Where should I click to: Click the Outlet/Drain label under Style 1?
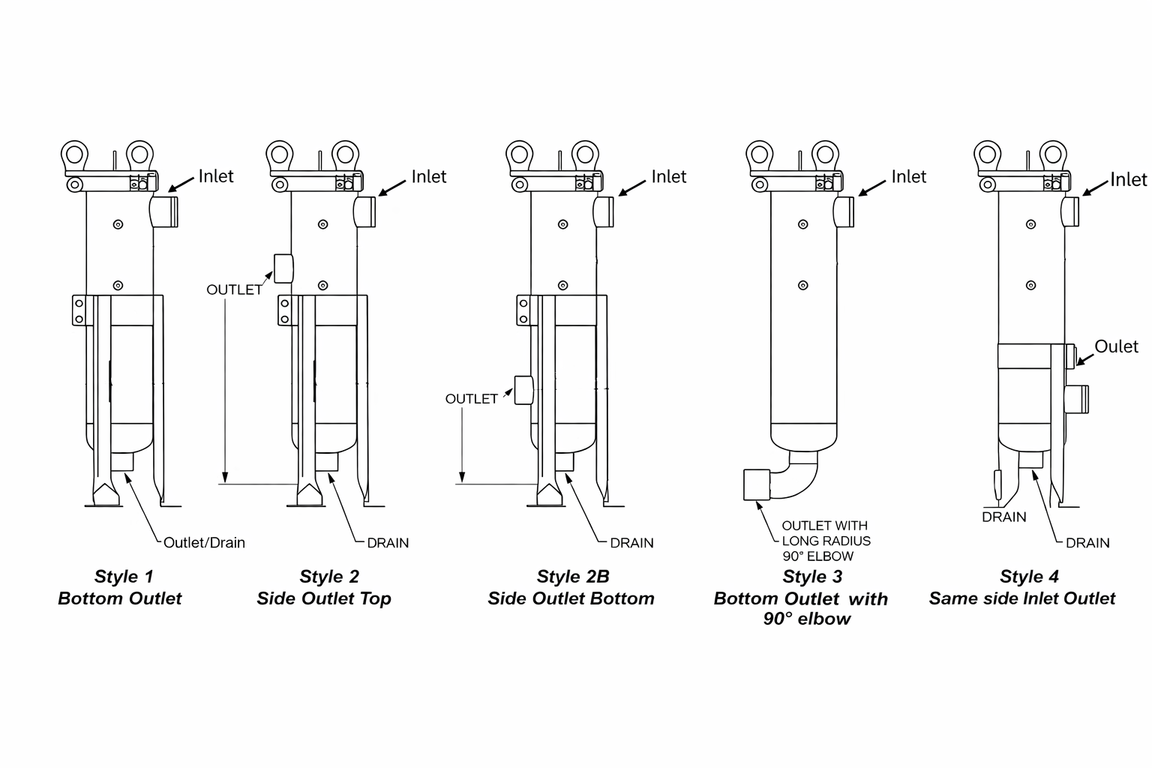[204, 543]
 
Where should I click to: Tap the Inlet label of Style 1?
[216, 176]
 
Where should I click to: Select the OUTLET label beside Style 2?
[235, 290]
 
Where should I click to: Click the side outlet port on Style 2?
[283, 268]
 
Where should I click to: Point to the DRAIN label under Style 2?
[388, 543]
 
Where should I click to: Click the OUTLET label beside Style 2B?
[472, 399]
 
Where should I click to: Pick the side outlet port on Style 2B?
[523, 390]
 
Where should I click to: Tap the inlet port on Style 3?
[844, 212]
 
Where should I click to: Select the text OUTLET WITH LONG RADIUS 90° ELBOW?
[826, 541]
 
